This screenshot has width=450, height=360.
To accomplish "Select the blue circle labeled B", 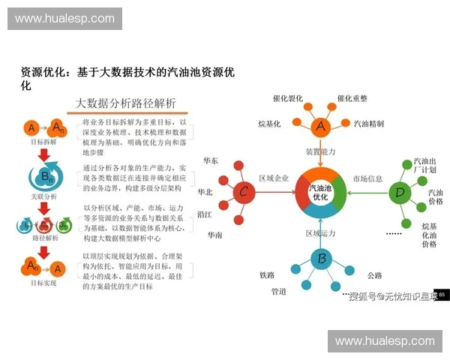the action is point(321,259).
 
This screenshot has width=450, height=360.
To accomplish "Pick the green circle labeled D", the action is point(400,193).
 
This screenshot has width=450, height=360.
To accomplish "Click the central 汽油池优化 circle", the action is point(321,192).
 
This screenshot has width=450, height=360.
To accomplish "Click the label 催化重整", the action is point(352,98).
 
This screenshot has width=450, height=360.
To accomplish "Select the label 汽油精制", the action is point(369,123).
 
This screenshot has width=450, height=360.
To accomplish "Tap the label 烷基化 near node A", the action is point(268,123).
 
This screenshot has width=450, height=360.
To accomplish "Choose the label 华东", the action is point(211,161).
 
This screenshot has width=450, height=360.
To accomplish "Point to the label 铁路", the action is point(267,275).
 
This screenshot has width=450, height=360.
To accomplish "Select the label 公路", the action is point(375,275).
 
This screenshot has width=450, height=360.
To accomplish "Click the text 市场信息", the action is point(367,178).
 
